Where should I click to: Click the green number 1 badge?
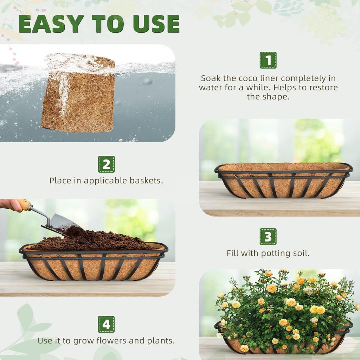pyautogui.click(x=268, y=60)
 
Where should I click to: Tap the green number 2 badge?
pyautogui.click(x=106, y=164)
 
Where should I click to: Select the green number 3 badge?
pyautogui.click(x=268, y=237)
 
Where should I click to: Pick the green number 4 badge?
pyautogui.click(x=106, y=324)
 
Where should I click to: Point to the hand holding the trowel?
pyautogui.click(x=11, y=205)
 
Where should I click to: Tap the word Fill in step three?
pyautogui.click(x=233, y=253)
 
